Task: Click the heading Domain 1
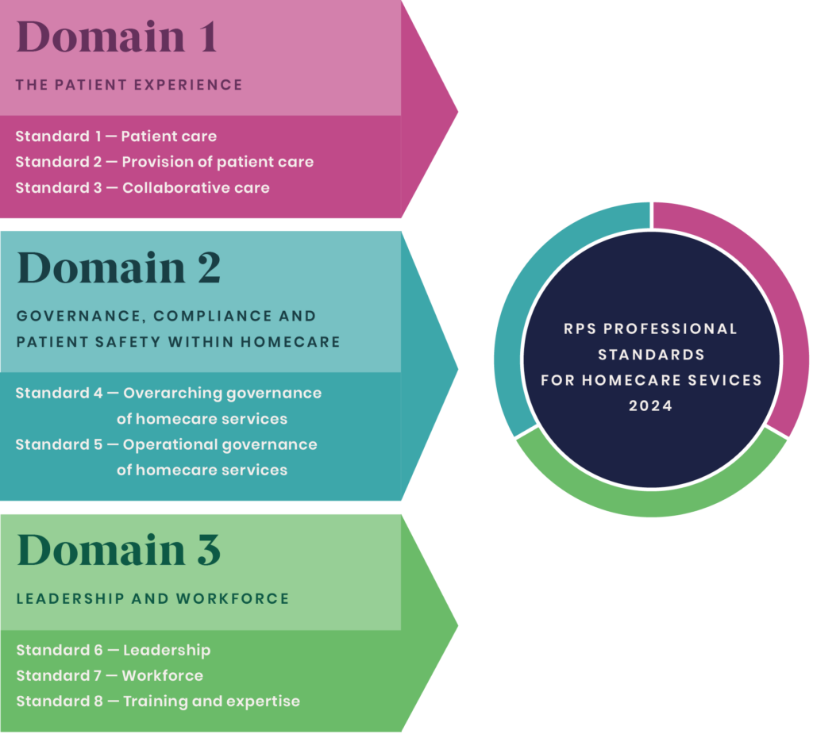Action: pos(117,37)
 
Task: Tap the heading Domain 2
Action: pos(119,267)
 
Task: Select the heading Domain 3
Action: pos(119,550)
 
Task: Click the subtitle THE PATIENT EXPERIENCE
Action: pos(129,84)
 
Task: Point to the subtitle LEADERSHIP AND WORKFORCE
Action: pos(152,599)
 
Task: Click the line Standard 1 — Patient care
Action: pos(116,136)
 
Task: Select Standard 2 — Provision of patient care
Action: pos(164,162)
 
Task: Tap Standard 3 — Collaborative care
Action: pos(143,187)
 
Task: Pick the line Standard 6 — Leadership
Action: pos(114,651)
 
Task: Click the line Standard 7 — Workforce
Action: pos(110,676)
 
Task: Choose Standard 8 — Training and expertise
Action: pos(158,701)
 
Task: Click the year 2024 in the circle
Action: pos(651,405)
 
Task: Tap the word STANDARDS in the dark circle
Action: pos(651,355)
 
